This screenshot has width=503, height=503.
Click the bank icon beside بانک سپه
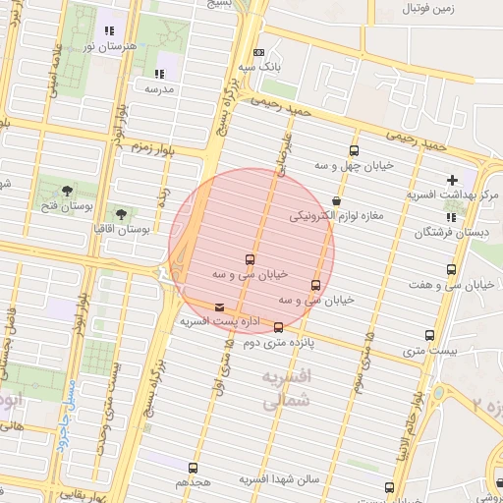click(258, 53)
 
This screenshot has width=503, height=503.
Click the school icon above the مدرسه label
click(159, 74)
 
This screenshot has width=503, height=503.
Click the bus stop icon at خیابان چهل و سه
click(355, 151)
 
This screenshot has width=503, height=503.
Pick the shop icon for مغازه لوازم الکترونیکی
click(337, 201)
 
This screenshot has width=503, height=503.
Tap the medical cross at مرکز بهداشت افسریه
click(452, 180)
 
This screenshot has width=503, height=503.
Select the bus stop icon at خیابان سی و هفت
click(452, 269)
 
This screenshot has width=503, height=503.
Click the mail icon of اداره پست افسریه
click(218, 307)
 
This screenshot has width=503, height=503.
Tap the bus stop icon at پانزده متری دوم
click(279, 327)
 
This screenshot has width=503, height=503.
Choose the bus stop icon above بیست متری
click(429, 335)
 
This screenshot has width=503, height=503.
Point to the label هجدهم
click(194, 483)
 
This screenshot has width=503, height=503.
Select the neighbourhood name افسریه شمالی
click(287, 388)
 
